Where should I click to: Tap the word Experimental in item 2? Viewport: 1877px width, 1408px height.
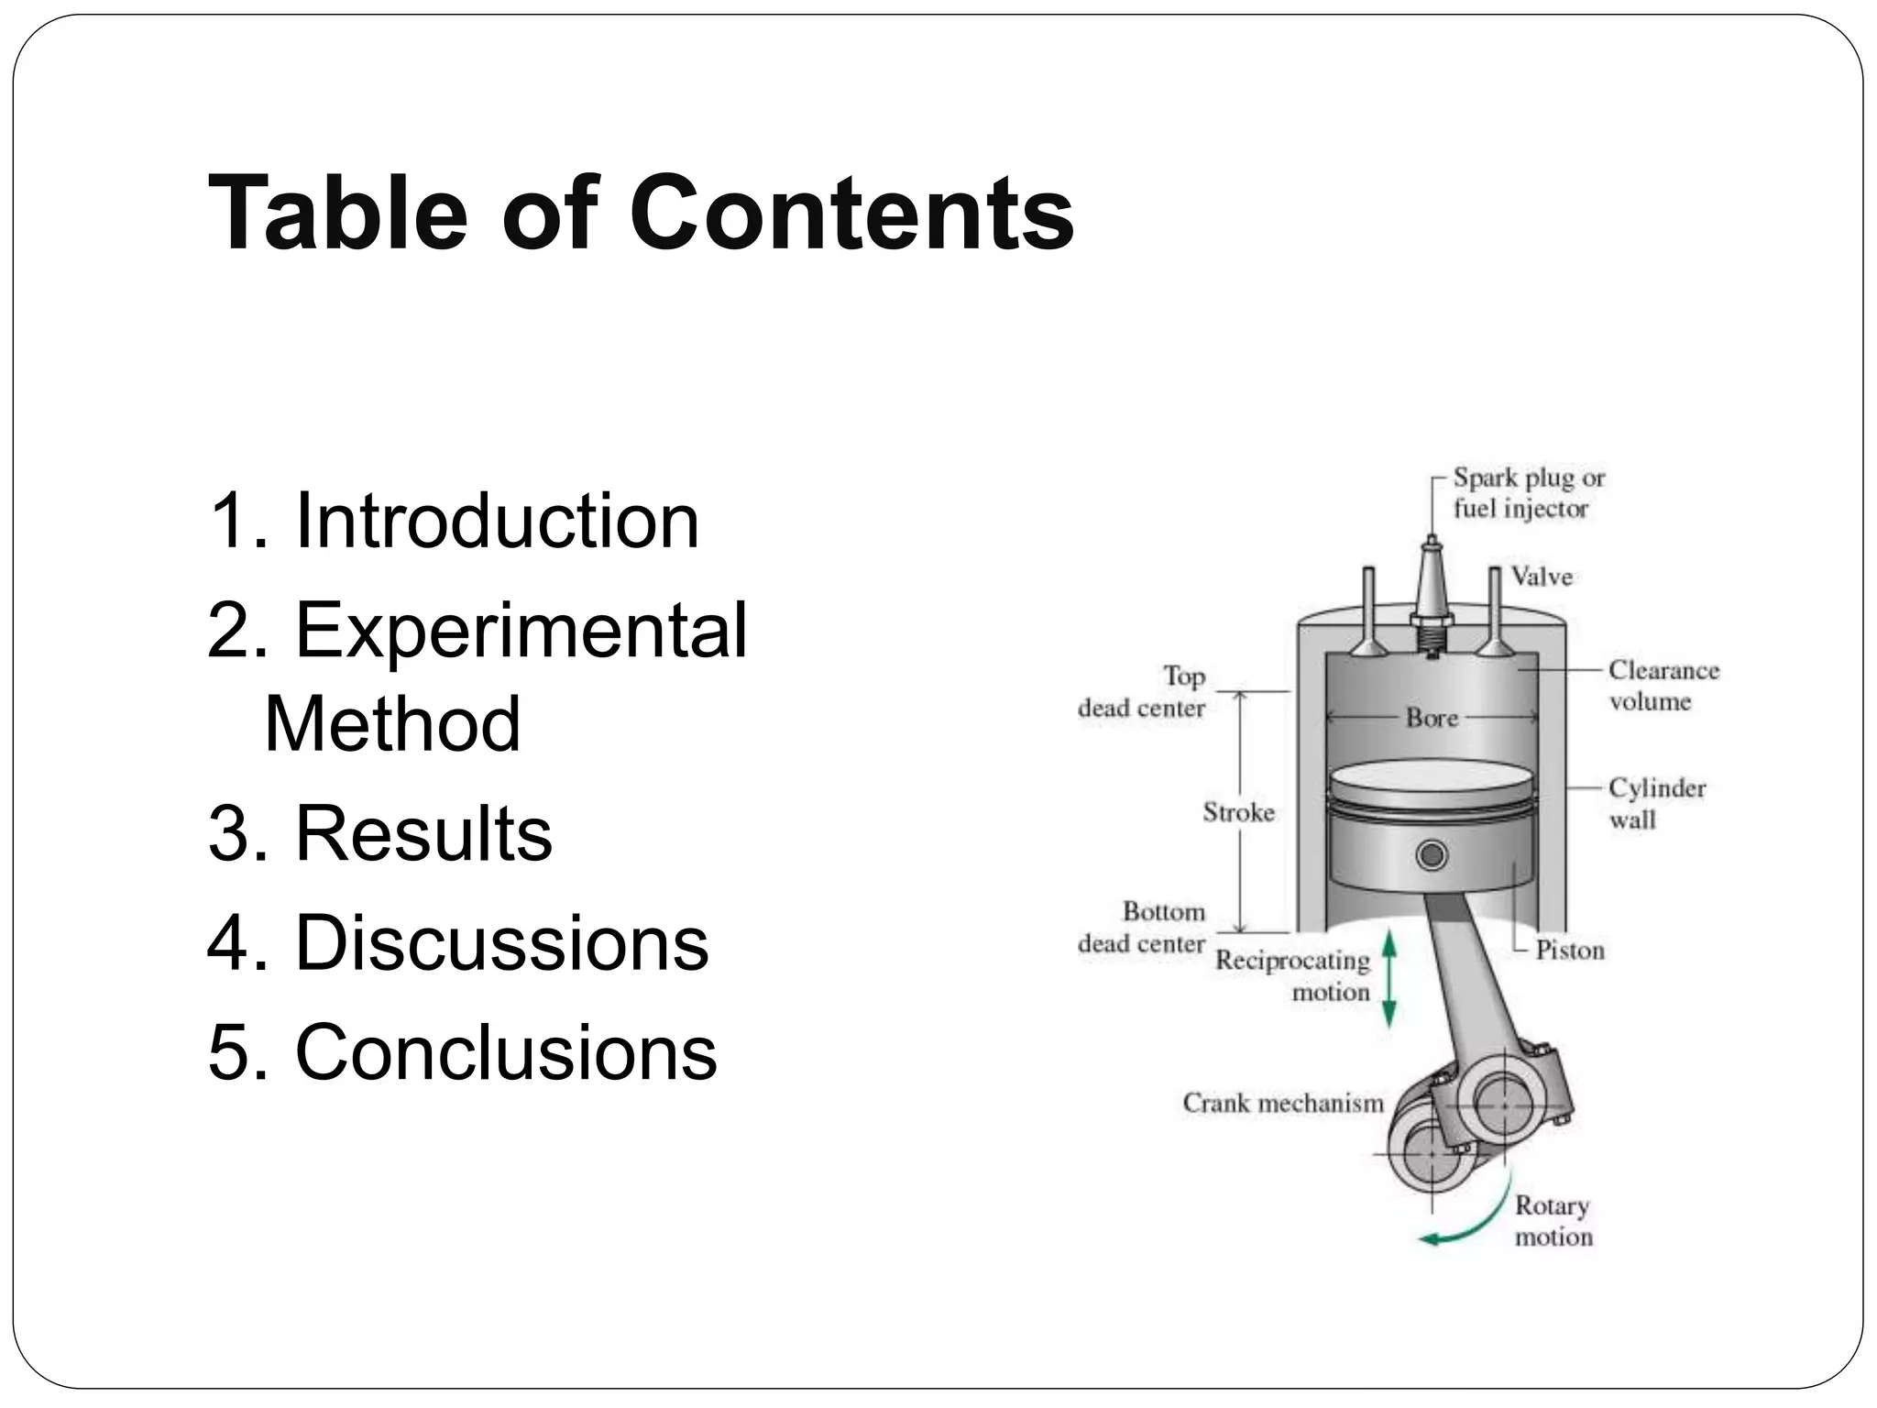(521, 630)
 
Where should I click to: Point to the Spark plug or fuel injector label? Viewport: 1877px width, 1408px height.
(1528, 493)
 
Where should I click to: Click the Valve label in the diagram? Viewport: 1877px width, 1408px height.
(1542, 577)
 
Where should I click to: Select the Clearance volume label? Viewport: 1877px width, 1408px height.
(1663, 686)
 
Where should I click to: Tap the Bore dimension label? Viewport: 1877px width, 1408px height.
(1432, 718)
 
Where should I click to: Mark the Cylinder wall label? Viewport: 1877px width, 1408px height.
(1657, 803)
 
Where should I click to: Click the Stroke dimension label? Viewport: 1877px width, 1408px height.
(1238, 812)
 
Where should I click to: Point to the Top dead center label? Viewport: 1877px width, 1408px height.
(1141, 692)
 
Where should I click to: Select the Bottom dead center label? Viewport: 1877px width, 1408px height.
(1141, 928)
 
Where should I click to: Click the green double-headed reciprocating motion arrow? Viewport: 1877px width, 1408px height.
(1389, 978)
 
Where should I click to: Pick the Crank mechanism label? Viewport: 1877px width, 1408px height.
(1283, 1103)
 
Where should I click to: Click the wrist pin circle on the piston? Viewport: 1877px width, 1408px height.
(1432, 855)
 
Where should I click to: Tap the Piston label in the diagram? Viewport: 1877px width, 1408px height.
(1570, 951)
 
